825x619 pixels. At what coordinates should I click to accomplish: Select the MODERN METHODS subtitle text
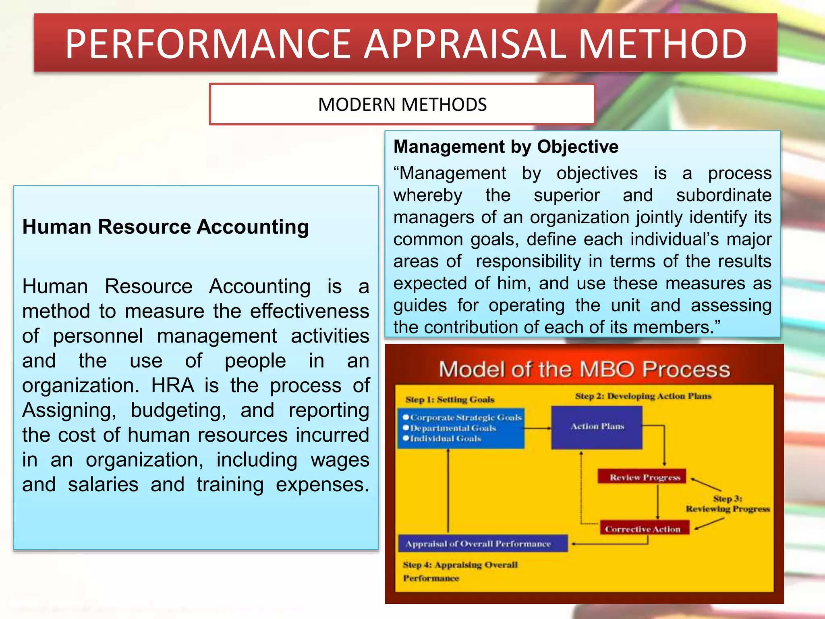tap(402, 105)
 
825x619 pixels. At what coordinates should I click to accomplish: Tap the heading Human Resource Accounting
tap(166, 226)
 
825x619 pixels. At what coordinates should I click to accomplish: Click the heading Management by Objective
tap(506, 147)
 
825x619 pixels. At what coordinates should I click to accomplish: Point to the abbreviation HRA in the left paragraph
tap(172, 385)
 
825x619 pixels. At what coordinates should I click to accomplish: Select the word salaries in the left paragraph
tap(103, 484)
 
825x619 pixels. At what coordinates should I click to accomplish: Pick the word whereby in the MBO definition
tap(428, 195)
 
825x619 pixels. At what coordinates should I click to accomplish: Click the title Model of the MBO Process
tap(584, 369)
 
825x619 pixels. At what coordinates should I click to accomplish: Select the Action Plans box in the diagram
tap(597, 427)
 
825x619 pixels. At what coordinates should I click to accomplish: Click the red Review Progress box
tap(645, 478)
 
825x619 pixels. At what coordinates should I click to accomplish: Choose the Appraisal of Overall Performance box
tap(479, 544)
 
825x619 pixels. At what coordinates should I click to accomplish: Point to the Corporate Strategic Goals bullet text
tap(466, 418)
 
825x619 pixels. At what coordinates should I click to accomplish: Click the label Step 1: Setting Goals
tap(450, 399)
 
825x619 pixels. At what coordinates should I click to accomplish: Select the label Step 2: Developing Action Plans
tap(643, 396)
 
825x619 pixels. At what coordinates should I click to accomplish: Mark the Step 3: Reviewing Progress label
tap(728, 504)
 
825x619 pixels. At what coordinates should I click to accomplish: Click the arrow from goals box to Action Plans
tap(538, 428)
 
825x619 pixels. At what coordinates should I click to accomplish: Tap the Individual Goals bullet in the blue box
tap(445, 438)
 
